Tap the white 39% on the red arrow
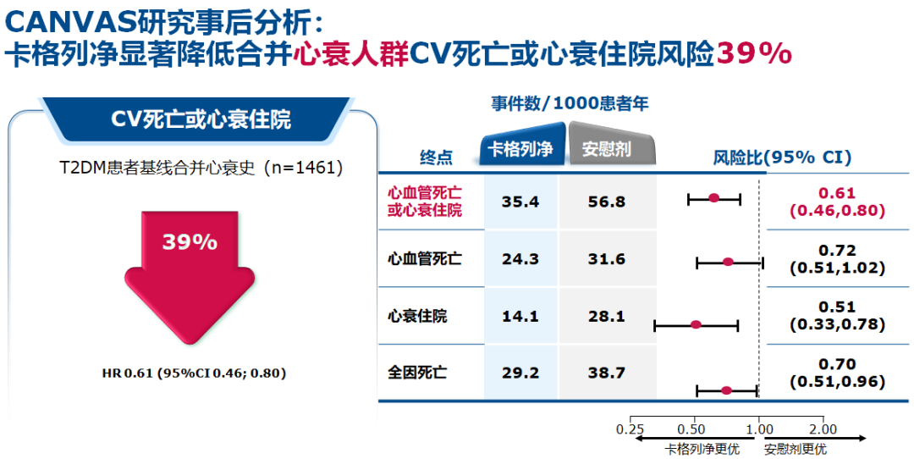click(x=190, y=241)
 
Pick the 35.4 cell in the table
click(x=520, y=202)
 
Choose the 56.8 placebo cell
click(x=607, y=202)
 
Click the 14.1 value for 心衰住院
click(x=520, y=317)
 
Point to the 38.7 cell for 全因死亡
click(x=607, y=373)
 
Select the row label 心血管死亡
click(x=425, y=259)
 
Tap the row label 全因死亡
click(x=417, y=373)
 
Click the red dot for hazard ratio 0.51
click(x=696, y=324)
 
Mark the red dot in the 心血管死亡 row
click(x=728, y=262)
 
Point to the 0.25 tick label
click(x=630, y=429)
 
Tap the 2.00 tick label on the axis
click(x=823, y=429)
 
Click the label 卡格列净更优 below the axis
click(x=702, y=449)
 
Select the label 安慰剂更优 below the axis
click(x=795, y=449)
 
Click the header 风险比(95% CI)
click(x=782, y=157)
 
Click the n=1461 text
click(x=305, y=169)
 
